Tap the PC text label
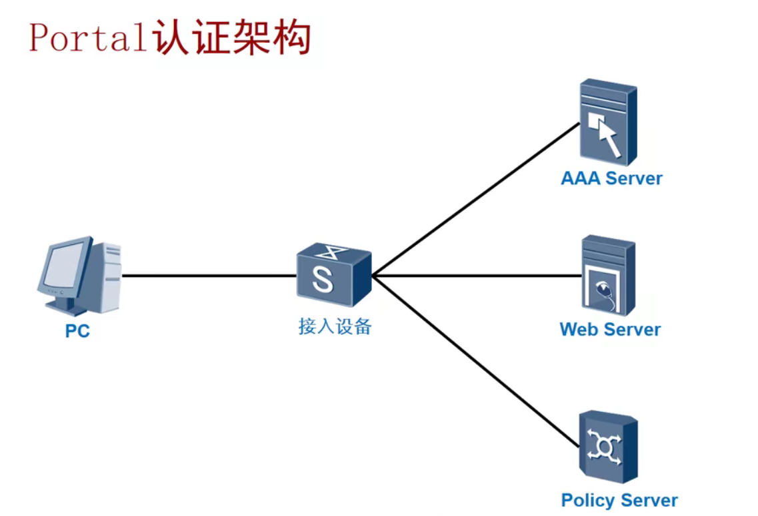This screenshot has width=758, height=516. (x=77, y=331)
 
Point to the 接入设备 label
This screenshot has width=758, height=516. (x=335, y=327)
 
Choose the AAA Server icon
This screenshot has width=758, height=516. (x=607, y=121)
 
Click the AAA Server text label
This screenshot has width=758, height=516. (x=611, y=179)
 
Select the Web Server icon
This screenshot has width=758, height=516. (x=607, y=274)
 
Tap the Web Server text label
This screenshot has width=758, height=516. (x=610, y=330)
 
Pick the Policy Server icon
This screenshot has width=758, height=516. (x=607, y=447)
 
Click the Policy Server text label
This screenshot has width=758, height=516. (x=619, y=501)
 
